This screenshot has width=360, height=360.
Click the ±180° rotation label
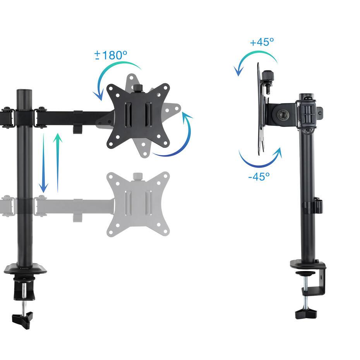111,55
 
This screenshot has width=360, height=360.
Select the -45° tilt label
259,177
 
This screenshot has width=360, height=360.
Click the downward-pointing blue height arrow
44,163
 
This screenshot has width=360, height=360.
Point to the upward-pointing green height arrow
58,163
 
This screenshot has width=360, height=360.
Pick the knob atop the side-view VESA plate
266,75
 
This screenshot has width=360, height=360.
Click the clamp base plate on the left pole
26,269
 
